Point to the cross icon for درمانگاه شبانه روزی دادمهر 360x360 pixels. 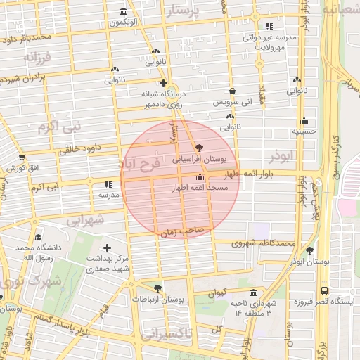point(163,82)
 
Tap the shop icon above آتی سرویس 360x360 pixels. point(233,91)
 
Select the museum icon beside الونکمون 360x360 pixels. point(124,11)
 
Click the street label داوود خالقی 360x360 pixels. point(84,148)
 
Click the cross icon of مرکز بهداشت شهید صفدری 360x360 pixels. point(107,247)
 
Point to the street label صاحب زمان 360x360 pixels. point(181,231)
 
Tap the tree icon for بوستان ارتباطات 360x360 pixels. point(157,288)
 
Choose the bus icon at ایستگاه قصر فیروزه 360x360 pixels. point(324,290)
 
